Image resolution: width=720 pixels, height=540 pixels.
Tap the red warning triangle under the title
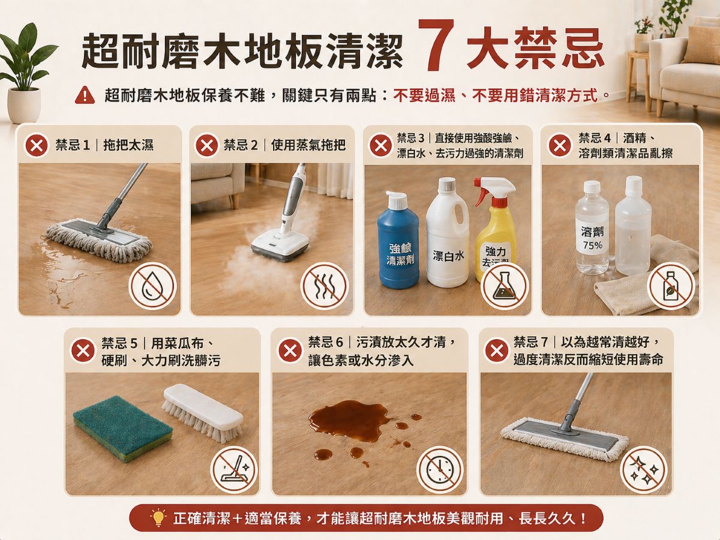85,95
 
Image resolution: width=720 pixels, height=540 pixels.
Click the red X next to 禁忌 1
35,145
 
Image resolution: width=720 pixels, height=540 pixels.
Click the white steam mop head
280,245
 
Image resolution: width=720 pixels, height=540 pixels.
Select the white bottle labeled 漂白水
448,234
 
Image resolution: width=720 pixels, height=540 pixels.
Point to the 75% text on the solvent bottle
592,245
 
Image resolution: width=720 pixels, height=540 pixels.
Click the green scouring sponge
122,428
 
